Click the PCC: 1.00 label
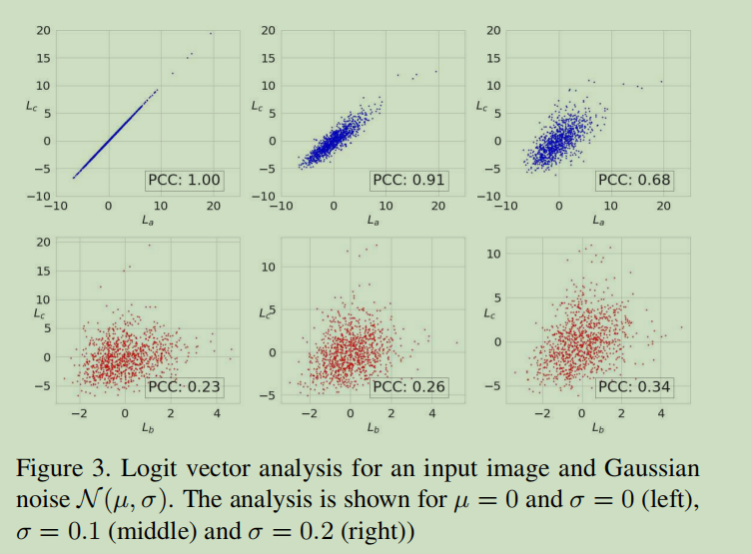[184, 181]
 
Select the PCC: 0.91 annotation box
[408, 181]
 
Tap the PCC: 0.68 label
[634, 181]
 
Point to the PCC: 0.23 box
[185, 387]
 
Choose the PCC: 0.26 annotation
[408, 387]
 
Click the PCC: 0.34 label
[634, 387]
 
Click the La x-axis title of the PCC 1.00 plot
[148, 220]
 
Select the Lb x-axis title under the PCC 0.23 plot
[148, 426]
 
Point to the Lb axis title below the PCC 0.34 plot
[598, 426]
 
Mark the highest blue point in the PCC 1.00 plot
[211, 33]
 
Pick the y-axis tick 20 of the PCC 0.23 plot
[43, 243]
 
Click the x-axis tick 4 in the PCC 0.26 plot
[432, 412]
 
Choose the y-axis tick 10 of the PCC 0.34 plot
[493, 255]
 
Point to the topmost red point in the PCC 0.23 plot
[150, 246]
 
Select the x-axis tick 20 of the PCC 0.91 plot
[438, 206]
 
